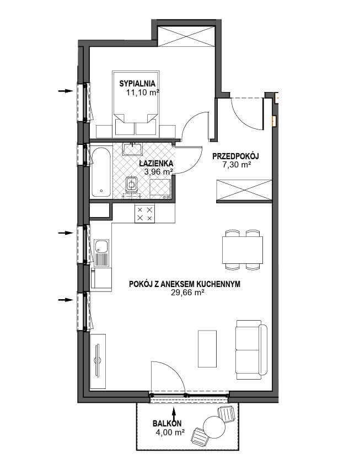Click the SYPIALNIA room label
[137, 84]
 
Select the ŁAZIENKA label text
[157, 163]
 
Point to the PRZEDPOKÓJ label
[236, 156]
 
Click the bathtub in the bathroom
[101, 172]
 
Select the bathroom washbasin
[133, 149]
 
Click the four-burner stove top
[145, 214]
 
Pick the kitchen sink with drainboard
[101, 253]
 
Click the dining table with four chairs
[243, 250]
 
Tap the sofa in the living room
[251, 350]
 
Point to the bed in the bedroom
[136, 104]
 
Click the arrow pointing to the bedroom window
[65, 91]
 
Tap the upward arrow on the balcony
[174, 413]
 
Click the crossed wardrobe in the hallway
[244, 190]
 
